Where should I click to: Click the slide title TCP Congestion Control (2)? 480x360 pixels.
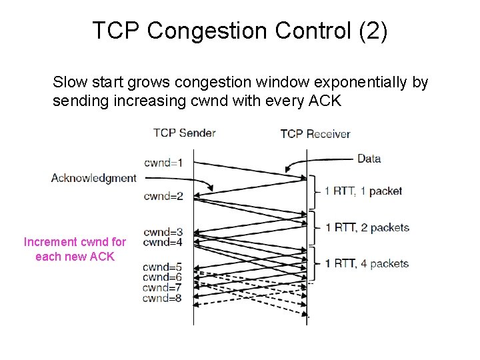pyautogui.click(x=239, y=31)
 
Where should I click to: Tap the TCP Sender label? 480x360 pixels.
pyautogui.click(x=184, y=133)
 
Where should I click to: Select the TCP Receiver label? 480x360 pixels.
pyautogui.click(x=315, y=134)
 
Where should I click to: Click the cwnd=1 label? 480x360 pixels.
pyautogui.click(x=163, y=162)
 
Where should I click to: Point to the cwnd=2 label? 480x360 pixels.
pyautogui.click(x=163, y=196)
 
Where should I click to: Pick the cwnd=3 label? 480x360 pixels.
pyautogui.click(x=163, y=233)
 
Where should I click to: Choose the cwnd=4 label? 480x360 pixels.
pyautogui.click(x=163, y=243)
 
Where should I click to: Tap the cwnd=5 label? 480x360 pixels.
pyautogui.click(x=161, y=267)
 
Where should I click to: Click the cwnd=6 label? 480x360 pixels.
pyautogui.click(x=161, y=277)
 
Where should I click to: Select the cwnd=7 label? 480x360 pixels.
pyautogui.click(x=161, y=287)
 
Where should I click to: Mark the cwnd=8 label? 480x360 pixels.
pyautogui.click(x=161, y=298)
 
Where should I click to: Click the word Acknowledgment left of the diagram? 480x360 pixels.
pyautogui.click(x=93, y=178)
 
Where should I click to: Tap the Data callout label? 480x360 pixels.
pyautogui.click(x=369, y=159)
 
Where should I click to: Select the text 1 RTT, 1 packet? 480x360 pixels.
pyautogui.click(x=363, y=191)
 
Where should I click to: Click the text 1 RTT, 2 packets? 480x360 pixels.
pyautogui.click(x=367, y=227)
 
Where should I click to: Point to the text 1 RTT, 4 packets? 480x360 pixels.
pyautogui.click(x=367, y=263)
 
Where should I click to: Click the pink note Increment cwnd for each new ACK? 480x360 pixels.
pyautogui.click(x=75, y=249)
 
